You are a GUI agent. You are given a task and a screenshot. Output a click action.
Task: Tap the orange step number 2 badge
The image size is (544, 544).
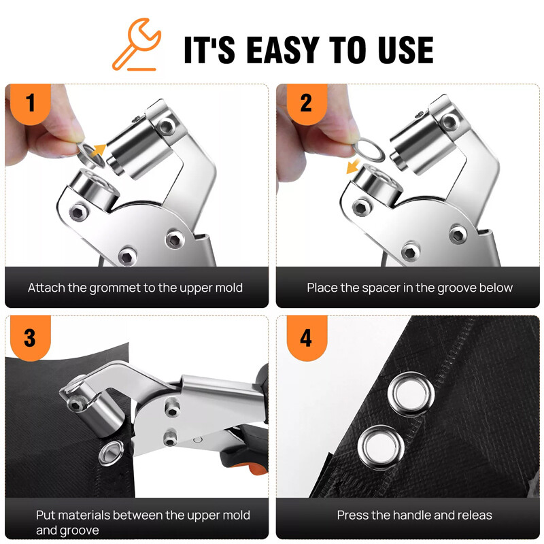coord(305,104)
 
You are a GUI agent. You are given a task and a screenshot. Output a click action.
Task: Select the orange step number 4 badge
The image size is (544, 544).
coord(305,337)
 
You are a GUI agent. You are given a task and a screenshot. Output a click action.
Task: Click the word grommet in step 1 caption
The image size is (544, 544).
coord(115,288)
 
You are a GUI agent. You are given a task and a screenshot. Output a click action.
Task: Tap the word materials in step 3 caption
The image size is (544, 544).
coord(80,515)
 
